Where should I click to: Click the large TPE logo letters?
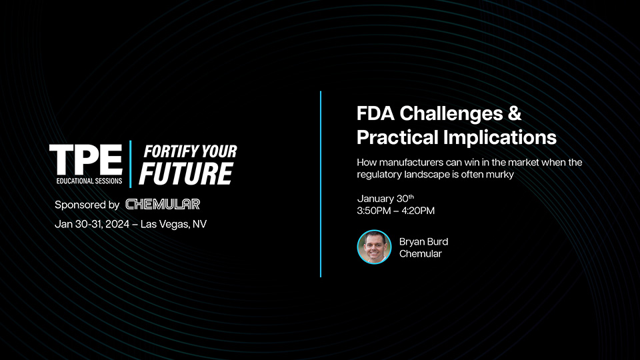85,159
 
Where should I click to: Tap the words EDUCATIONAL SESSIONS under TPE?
85,181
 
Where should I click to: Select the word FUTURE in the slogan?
185,173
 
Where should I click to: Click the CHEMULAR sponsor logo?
163,204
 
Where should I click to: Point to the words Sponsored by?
87,205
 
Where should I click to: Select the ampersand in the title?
514,113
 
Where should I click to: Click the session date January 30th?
385,199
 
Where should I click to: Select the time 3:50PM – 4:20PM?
396,211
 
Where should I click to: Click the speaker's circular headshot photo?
374,247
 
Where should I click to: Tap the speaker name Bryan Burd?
423,241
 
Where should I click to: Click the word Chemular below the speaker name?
420,253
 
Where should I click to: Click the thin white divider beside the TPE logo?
131,164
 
